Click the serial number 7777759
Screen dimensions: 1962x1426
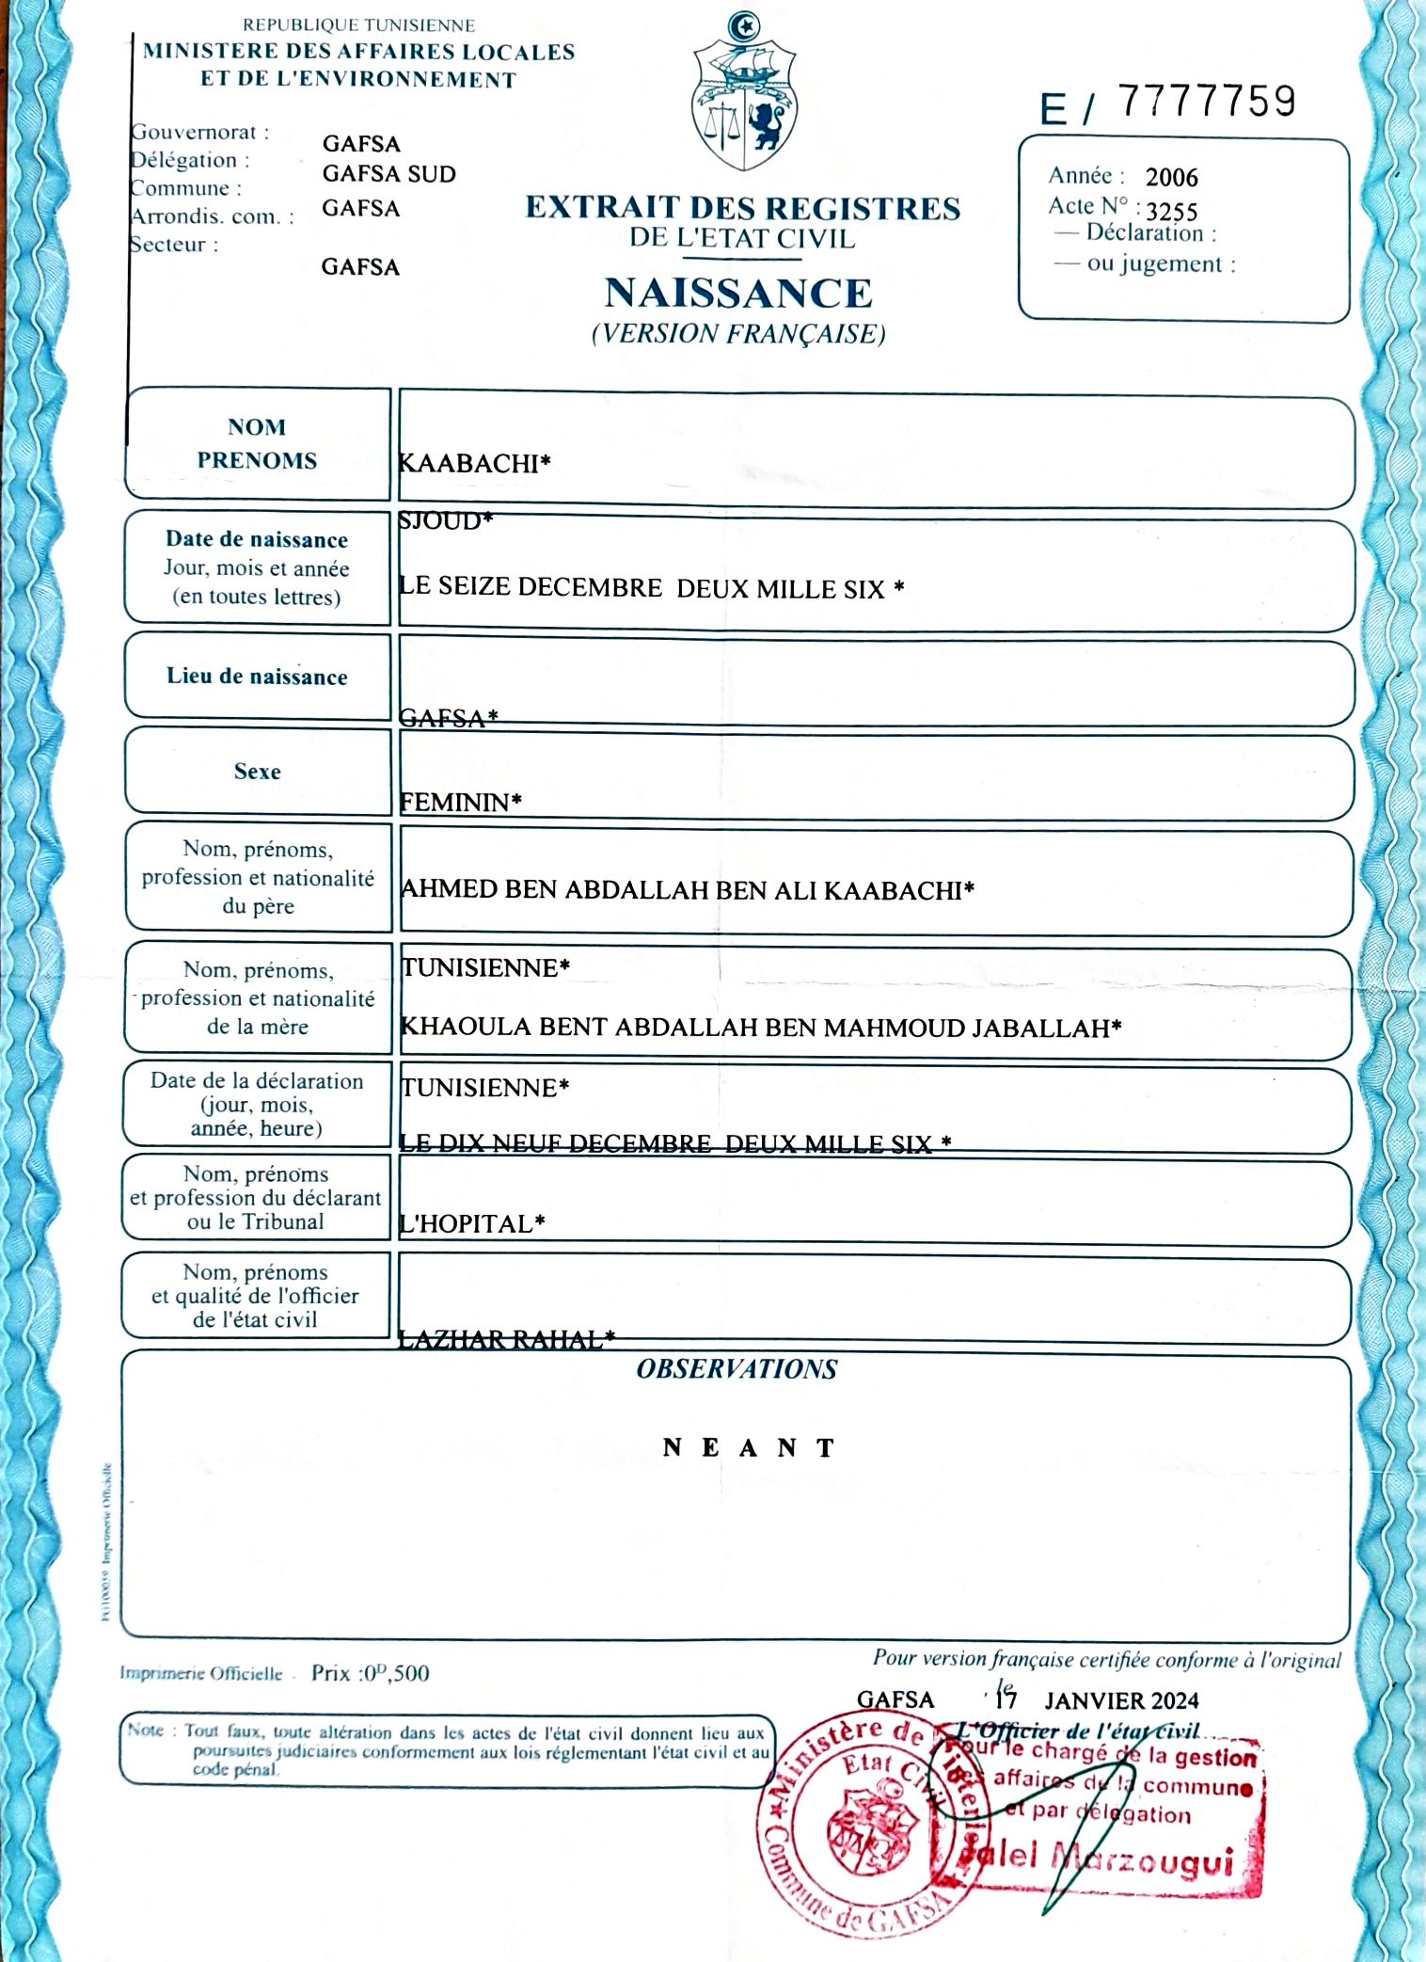click(x=1207, y=102)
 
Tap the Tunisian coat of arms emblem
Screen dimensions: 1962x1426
click(x=744, y=92)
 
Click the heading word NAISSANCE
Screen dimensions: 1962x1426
click(x=738, y=293)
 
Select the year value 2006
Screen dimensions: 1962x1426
click(x=1171, y=178)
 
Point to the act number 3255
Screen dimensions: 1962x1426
click(x=1171, y=211)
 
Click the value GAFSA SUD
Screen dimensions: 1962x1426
click(x=388, y=174)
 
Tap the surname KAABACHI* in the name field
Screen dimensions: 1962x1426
click(x=474, y=463)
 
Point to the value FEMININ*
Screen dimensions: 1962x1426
click(x=460, y=802)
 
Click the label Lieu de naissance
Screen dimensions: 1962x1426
click(x=257, y=677)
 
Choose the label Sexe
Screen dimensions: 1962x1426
click(x=257, y=772)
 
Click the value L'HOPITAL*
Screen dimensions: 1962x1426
click(x=471, y=1223)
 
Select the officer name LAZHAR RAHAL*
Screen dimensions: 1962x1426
click(x=506, y=1339)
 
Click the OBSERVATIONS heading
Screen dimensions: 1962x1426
click(x=737, y=1369)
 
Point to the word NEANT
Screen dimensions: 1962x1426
click(x=749, y=1447)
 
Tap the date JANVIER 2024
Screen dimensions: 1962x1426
click(x=1121, y=1700)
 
